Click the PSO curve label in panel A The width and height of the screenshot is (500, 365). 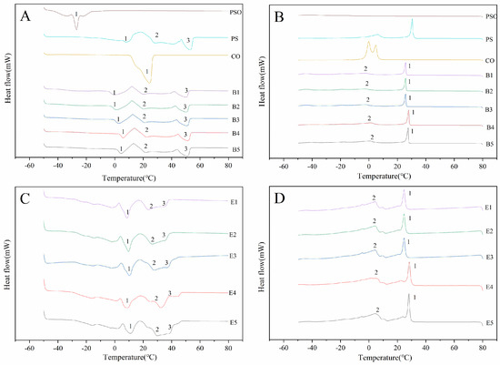coord(235,14)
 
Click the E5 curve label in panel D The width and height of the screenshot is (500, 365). coord(489,322)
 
